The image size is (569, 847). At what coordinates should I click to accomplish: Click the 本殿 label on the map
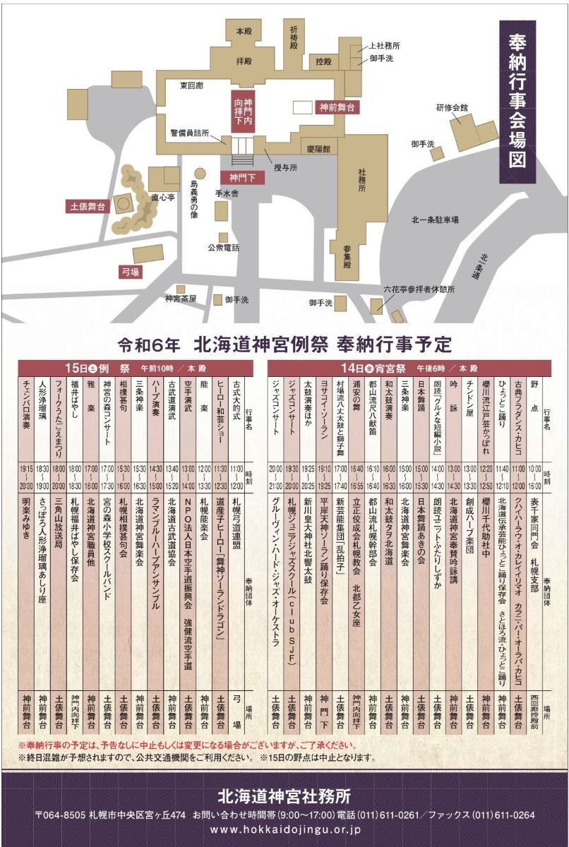243,31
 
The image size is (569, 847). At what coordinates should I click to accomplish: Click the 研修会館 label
451,108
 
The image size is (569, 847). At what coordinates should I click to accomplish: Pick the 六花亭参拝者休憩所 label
419,289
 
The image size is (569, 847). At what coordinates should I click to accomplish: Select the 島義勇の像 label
194,200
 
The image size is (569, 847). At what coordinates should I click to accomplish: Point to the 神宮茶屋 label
180,299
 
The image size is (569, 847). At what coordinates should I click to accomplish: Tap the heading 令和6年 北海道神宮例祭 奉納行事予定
284,345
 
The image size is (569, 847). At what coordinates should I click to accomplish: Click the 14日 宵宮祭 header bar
409,368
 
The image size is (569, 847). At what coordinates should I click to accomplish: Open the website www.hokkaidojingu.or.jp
284,830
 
